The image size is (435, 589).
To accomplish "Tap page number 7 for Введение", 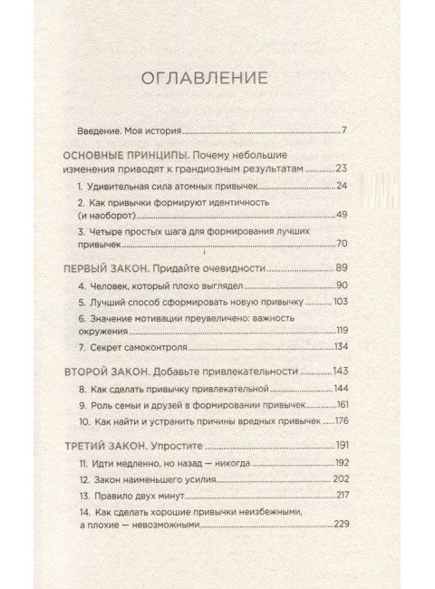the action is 344,131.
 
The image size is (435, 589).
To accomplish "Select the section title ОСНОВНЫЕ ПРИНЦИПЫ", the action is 131,153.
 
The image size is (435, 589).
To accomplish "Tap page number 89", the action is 342,268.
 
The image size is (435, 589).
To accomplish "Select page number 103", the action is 340,301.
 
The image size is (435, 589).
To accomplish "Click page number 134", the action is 341,347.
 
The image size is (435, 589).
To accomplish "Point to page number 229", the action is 340,526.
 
